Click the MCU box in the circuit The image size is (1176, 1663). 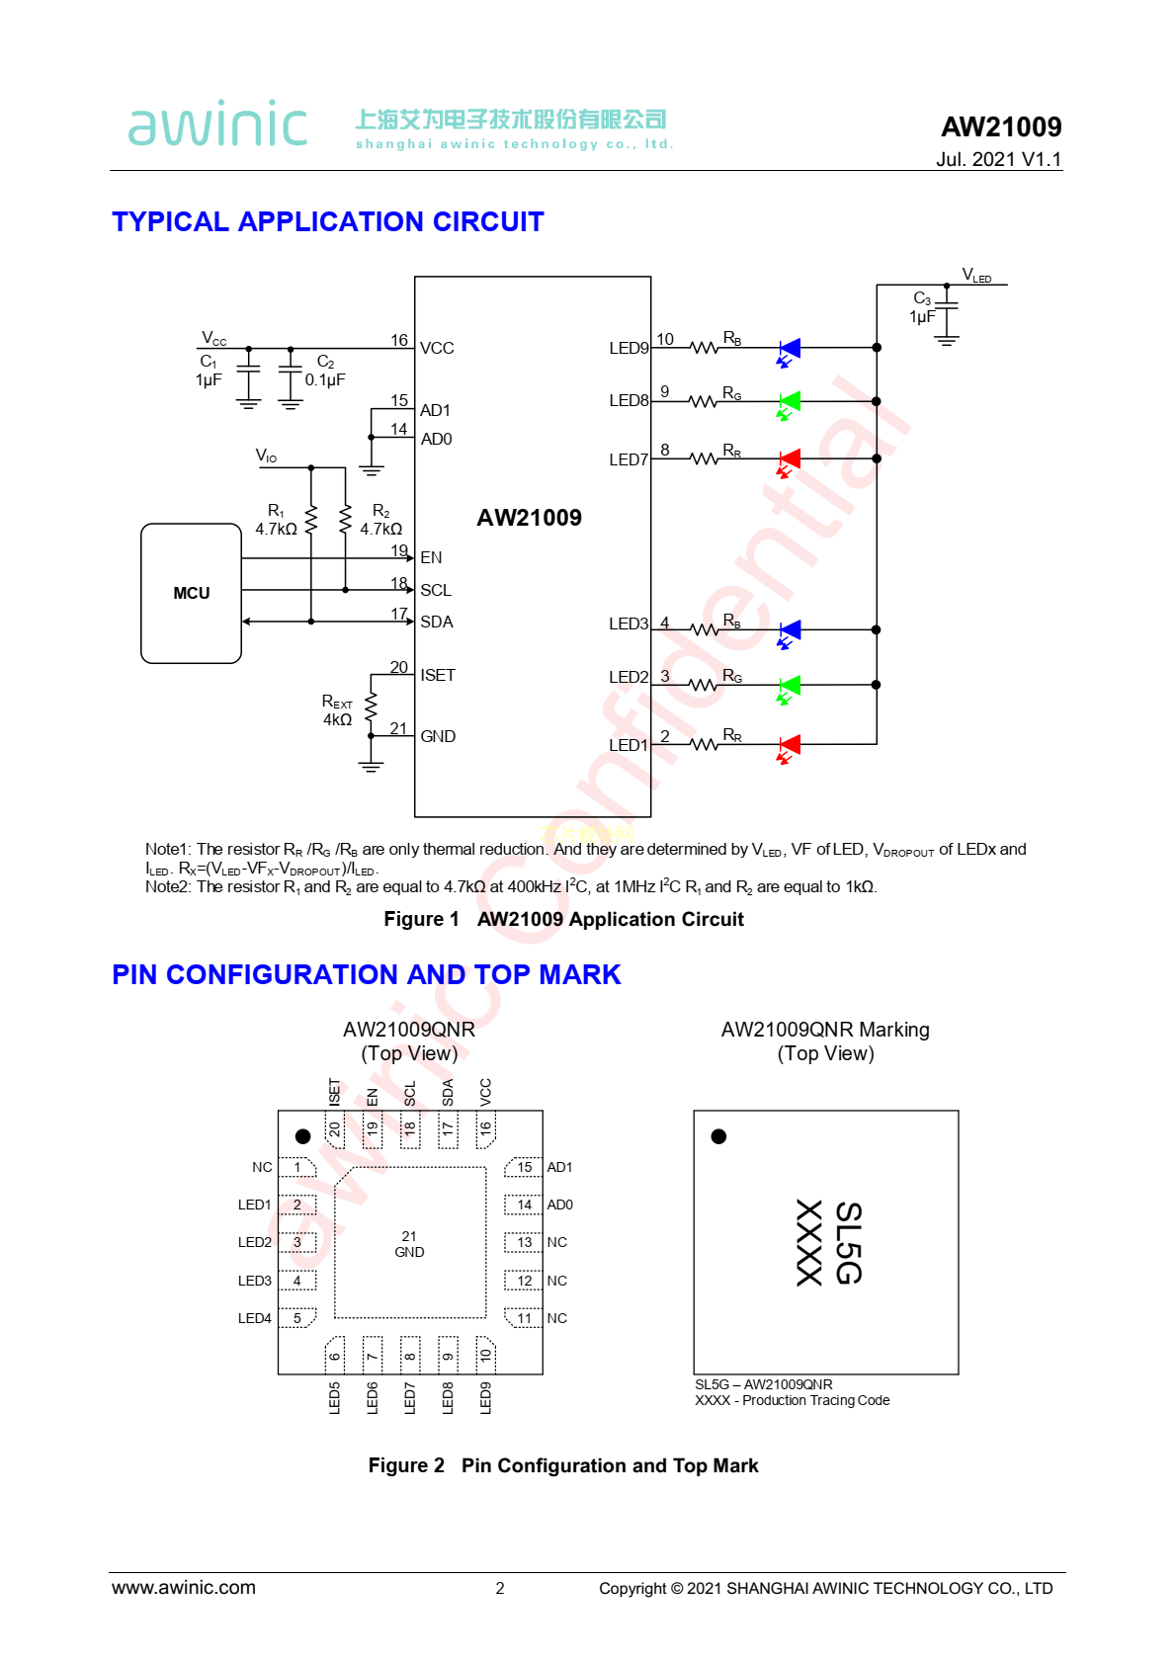coord(191,593)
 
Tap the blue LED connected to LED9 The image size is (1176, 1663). coord(790,348)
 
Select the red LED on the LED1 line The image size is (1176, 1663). coord(790,744)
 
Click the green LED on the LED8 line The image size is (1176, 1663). coord(790,401)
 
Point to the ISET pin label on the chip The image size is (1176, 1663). coord(438,675)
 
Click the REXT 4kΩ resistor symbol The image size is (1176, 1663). coord(371,707)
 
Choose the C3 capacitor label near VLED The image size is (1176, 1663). coord(921,298)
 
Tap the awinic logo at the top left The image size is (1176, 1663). coord(217,125)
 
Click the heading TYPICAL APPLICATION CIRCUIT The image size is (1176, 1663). coord(328,221)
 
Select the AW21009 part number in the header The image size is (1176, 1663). coord(1000,126)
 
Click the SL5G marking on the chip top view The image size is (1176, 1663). coord(848,1242)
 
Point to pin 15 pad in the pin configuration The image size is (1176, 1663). coord(524,1167)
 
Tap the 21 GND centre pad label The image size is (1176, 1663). coord(409,1244)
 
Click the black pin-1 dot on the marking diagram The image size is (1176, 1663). coord(718,1136)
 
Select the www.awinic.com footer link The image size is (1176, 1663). coord(184,1588)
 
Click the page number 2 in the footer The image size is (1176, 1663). coord(500,1588)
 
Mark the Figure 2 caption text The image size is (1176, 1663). coord(563,1465)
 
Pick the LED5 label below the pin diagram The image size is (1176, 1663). coord(334,1397)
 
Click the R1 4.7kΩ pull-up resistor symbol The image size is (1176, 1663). coord(311,519)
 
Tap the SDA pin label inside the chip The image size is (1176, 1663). coord(436,622)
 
